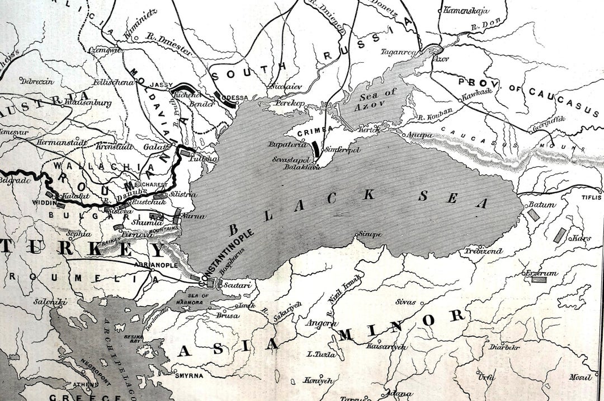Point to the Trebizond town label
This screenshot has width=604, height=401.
coord(475,251)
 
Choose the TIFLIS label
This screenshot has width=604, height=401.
coord(592,198)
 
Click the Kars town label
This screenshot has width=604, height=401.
coord(582,238)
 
